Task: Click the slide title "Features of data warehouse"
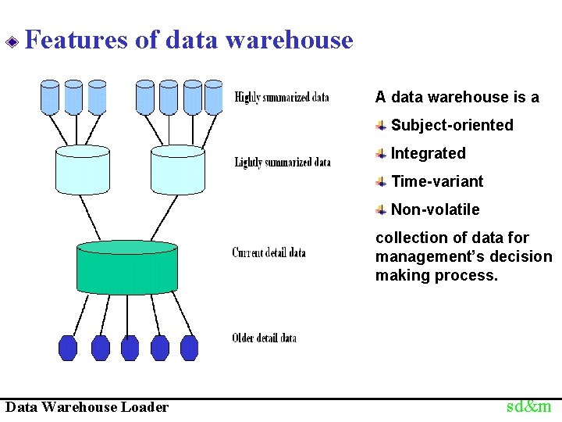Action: tap(189, 40)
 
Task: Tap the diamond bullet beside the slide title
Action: tap(12, 41)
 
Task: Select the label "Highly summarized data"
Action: tap(282, 98)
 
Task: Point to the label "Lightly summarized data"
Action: tap(283, 163)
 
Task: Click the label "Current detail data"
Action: tap(269, 252)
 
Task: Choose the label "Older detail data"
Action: tap(264, 338)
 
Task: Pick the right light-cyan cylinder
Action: tap(177, 170)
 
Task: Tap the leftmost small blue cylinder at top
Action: tap(50, 97)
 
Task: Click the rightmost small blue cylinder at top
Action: tap(213, 97)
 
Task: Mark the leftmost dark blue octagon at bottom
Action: tap(69, 347)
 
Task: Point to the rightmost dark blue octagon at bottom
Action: tap(190, 347)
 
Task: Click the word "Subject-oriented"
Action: tap(452, 125)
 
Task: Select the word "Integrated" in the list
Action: tap(428, 153)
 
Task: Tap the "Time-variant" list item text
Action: tap(437, 181)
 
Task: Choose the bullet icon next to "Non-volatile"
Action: tap(380, 209)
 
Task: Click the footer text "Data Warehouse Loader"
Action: tap(87, 407)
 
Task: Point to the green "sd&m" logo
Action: tap(528, 406)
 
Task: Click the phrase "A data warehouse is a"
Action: tap(457, 97)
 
